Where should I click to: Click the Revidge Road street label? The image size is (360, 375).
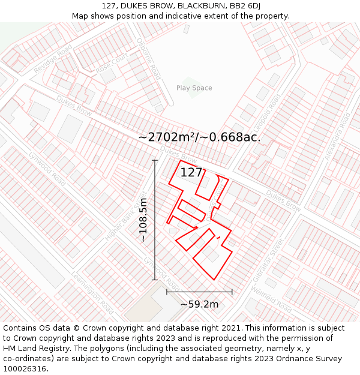53,58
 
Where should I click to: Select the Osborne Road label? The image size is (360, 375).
154,62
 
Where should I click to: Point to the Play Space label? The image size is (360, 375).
194,88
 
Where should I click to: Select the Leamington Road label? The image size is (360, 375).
92,293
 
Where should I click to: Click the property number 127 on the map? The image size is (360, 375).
191,172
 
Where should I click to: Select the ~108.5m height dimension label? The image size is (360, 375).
143,220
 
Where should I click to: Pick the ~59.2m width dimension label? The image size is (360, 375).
199,304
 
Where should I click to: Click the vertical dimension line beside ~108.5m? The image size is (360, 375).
155,220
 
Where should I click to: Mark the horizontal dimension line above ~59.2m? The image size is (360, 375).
199,292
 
